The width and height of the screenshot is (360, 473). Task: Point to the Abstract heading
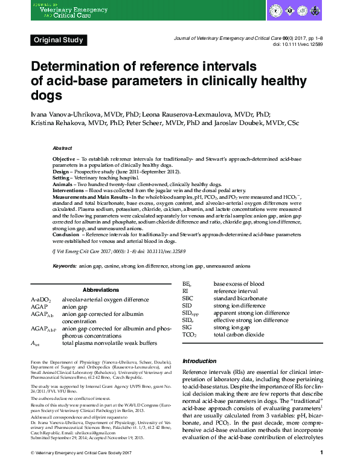[62, 148]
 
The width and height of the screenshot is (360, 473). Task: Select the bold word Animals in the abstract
[64, 186]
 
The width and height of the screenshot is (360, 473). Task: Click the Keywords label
[65, 265]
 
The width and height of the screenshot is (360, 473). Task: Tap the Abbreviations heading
[101, 290]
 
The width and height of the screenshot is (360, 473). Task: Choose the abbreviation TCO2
[189, 334]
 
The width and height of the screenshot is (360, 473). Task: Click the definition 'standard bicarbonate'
[236, 298]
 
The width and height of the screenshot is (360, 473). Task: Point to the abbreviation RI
[185, 291]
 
